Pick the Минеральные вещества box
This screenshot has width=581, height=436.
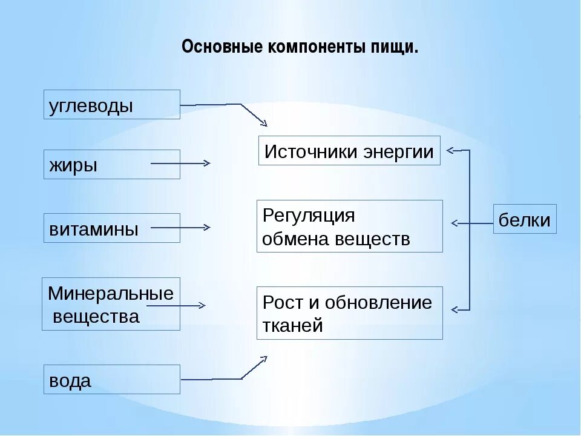(111, 304)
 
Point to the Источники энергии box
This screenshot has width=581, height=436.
(349, 151)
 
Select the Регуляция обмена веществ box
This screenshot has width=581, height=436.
(349, 226)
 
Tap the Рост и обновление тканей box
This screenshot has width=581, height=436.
(349, 312)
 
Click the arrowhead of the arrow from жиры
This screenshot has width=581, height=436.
(208, 163)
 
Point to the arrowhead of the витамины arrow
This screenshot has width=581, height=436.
(208, 228)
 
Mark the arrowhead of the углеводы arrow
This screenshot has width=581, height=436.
(264, 124)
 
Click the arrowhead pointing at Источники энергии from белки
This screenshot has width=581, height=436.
(451, 150)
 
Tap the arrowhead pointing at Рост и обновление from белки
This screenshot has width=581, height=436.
(453, 310)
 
